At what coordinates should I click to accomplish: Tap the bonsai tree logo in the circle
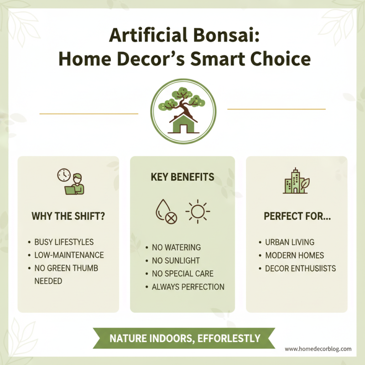point(182,109)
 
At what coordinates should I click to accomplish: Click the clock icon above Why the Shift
point(63,175)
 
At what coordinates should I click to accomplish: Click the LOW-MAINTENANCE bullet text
point(69,255)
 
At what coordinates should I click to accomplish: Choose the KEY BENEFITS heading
point(182,177)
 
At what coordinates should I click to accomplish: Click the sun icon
point(197,211)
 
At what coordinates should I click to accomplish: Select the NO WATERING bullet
point(177,248)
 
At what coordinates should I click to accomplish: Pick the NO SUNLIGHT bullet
point(176,261)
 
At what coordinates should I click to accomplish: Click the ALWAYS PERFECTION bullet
point(188,287)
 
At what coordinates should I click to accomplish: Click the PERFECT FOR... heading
point(297,216)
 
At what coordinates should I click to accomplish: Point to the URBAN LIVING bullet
point(290,242)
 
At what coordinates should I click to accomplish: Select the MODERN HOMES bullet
point(294,255)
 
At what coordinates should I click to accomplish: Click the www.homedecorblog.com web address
point(318,349)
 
